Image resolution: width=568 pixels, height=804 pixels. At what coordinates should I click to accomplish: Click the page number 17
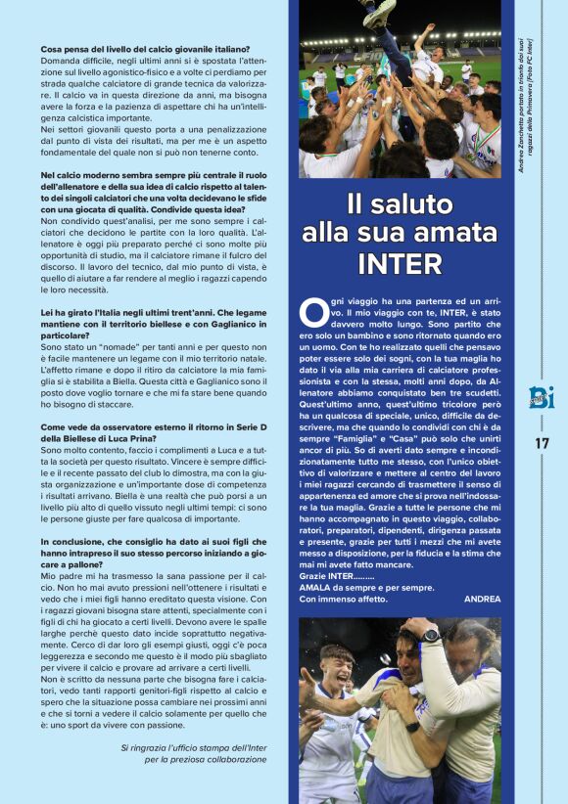coord(542,442)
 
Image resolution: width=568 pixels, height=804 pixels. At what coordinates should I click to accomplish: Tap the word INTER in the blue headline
coord(400,264)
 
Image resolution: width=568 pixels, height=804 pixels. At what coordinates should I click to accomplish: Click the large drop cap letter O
coord(312,312)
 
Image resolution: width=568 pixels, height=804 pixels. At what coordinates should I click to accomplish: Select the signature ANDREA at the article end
coord(482,599)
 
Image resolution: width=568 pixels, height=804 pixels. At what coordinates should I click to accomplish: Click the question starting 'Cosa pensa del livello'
coord(145,49)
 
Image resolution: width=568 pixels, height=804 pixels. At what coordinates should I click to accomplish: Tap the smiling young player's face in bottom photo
coord(338,666)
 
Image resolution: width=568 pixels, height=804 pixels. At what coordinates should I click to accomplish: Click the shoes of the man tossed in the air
coord(376,12)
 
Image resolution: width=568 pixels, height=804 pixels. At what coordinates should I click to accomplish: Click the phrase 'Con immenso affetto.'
coord(343,599)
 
